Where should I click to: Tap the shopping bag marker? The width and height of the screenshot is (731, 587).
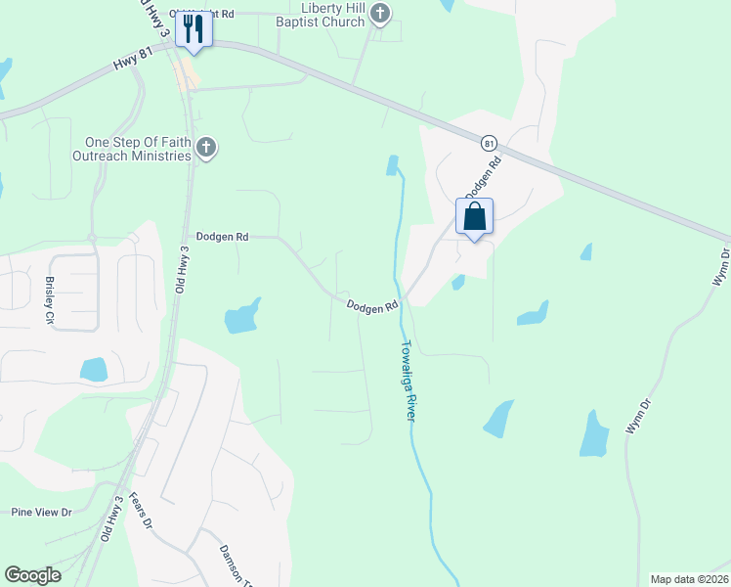pos(474,217)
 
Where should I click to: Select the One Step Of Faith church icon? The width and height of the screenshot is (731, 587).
pos(205,149)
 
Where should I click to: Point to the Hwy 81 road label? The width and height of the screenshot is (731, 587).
pos(134,62)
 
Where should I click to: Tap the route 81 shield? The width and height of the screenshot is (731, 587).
pos(489,143)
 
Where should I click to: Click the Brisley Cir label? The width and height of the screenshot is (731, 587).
pos(50,299)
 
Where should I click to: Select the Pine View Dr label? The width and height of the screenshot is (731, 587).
pos(42,512)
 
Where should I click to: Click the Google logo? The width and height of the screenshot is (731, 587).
pos(32,575)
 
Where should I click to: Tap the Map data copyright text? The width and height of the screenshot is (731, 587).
pos(690,578)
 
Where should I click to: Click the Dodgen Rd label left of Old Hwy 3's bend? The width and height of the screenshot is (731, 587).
pos(223,237)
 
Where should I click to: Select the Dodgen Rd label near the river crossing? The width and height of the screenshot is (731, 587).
pos(372,306)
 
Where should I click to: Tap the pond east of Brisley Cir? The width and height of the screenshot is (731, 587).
pos(94,369)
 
